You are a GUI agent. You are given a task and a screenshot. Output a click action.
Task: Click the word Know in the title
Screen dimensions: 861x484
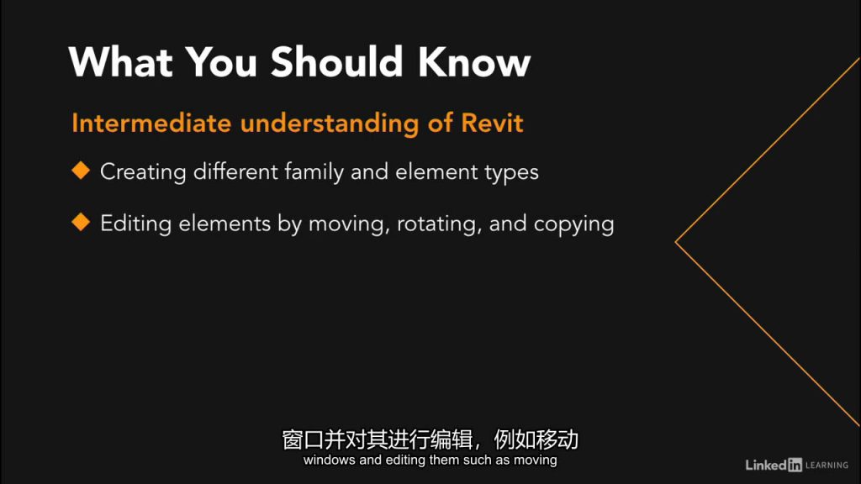(x=474, y=61)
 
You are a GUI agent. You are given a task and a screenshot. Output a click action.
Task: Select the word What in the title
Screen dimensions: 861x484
(x=121, y=61)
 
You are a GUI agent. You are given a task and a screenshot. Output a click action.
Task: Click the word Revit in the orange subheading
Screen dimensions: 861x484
(x=492, y=123)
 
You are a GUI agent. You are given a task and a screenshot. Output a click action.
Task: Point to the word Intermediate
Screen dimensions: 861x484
(x=151, y=123)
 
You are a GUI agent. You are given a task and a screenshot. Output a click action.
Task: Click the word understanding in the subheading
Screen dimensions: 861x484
(x=330, y=124)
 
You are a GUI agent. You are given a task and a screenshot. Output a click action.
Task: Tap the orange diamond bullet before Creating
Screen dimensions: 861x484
(x=81, y=170)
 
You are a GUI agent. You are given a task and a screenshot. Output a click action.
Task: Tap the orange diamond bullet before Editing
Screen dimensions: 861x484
(x=81, y=222)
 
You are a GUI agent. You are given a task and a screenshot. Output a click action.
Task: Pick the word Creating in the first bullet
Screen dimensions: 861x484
(x=143, y=172)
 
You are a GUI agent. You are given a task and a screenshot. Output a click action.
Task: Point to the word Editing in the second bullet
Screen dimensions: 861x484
(x=135, y=224)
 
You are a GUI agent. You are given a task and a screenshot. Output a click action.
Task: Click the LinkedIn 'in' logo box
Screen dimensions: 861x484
(x=795, y=465)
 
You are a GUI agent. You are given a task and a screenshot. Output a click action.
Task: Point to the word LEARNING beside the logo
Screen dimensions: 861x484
(x=827, y=466)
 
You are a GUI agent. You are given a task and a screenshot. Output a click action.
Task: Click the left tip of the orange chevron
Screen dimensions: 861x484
(x=676, y=241)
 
